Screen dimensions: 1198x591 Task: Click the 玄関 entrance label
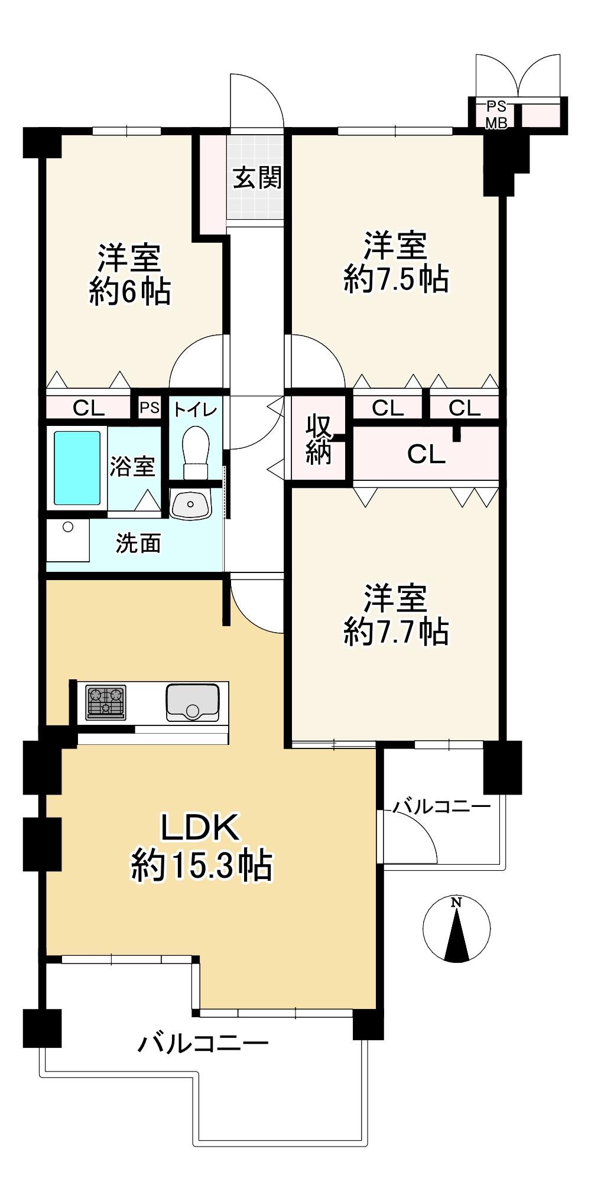coord(256,177)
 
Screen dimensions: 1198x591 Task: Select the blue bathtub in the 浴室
coord(77,468)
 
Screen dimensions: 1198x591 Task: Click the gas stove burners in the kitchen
coord(106,702)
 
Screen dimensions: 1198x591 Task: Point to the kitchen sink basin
coord(191,702)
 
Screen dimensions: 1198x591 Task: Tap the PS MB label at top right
coord(496,115)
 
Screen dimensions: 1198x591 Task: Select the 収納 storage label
coord(319,439)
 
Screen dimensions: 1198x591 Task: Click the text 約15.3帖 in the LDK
coord(201,866)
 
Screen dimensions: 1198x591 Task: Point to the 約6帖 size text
coord(130,292)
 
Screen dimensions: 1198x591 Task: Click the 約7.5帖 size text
coord(396,279)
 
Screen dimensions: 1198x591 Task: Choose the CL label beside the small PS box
coord(89,408)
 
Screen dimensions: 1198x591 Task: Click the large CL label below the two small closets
coord(426,454)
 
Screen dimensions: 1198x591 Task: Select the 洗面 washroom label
coord(138,543)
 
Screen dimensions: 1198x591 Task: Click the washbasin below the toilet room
coord(190,504)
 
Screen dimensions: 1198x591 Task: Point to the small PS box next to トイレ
coord(150,408)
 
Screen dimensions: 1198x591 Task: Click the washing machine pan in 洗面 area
coord(68,540)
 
